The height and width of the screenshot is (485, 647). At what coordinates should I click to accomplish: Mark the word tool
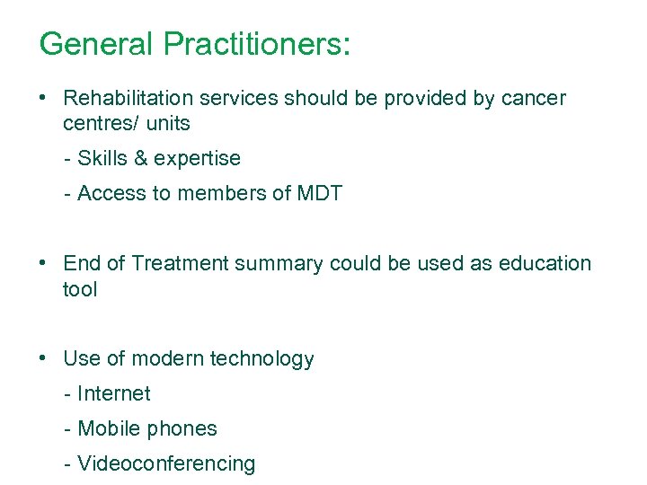[x=80, y=288]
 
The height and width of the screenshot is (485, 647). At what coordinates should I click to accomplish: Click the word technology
[x=261, y=359]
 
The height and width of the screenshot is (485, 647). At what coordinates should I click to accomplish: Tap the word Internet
[x=114, y=393]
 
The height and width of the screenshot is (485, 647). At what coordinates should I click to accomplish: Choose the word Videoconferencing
[x=166, y=463]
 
